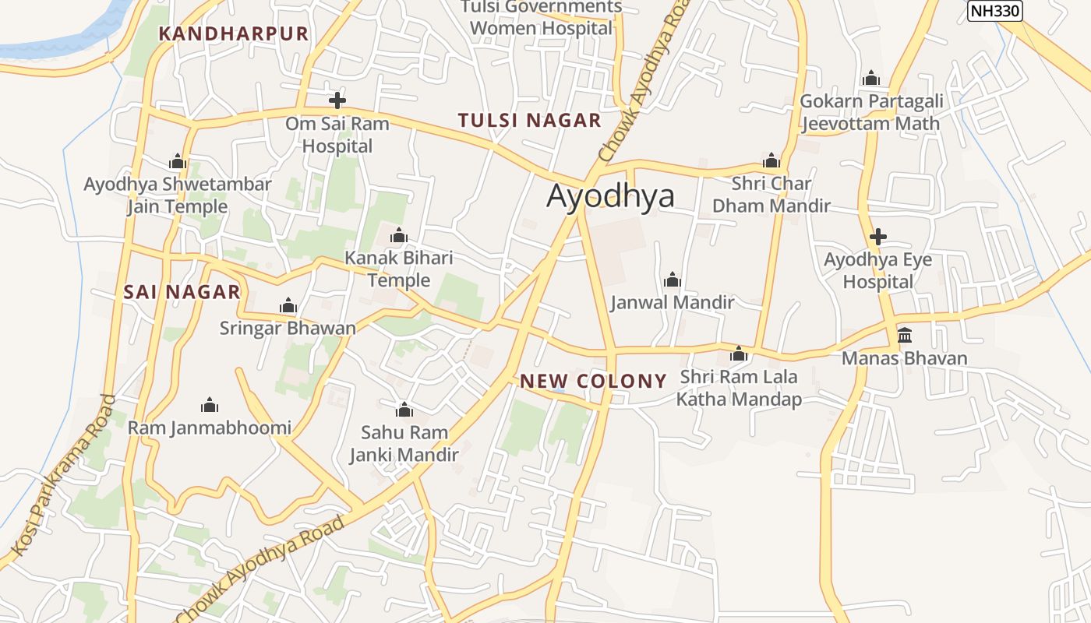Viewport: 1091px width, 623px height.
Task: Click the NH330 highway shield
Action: point(994,11)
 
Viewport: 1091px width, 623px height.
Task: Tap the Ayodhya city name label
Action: point(610,195)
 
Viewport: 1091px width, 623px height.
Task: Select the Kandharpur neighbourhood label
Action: point(234,33)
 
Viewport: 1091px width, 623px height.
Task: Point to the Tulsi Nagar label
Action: point(529,121)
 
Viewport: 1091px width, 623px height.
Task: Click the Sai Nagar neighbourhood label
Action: point(182,293)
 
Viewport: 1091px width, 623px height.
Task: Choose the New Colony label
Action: point(593,382)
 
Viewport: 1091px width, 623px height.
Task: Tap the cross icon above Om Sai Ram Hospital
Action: point(337,100)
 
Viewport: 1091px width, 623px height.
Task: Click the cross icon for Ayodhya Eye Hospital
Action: point(878,237)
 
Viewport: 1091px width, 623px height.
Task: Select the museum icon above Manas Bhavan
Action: point(905,335)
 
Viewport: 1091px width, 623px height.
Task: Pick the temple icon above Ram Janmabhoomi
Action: point(210,405)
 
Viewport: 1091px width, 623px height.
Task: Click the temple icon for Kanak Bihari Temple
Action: point(399,235)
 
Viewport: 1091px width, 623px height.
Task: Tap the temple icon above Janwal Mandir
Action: point(672,280)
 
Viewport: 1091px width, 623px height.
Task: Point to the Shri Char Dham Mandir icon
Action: point(771,161)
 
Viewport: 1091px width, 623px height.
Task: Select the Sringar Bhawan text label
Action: point(288,328)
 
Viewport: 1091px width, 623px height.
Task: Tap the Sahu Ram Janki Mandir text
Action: point(404,443)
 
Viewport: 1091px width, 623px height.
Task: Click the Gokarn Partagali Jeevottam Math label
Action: point(871,112)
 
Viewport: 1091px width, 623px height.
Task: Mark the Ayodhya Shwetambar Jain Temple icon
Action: point(178,162)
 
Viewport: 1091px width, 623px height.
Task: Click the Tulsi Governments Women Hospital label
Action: point(542,18)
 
